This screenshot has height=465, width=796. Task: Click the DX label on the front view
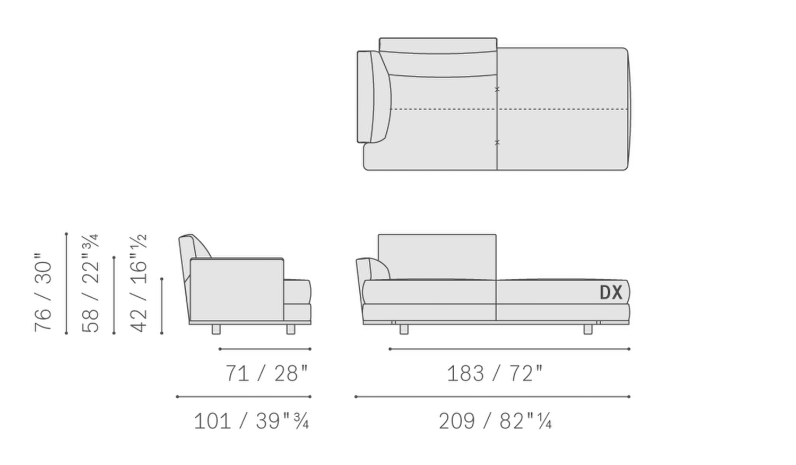click(x=611, y=292)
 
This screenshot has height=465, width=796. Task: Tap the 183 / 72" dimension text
click(x=495, y=373)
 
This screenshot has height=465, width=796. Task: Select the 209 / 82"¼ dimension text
click(x=495, y=421)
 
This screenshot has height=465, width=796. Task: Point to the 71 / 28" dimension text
click(x=266, y=373)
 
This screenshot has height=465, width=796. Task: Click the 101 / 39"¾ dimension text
click(x=251, y=421)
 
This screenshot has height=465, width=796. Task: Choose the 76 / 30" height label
click(x=43, y=292)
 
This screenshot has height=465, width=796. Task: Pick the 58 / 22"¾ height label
click(x=90, y=283)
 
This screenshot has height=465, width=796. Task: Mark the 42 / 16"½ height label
click(x=138, y=283)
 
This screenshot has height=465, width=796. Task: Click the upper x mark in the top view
click(x=497, y=89)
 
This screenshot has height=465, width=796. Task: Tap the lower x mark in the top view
click(x=497, y=142)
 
